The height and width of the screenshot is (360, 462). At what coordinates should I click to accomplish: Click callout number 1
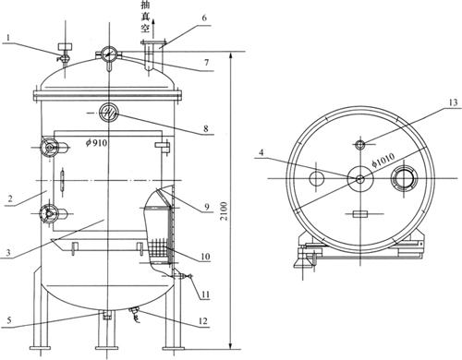coord(8,38)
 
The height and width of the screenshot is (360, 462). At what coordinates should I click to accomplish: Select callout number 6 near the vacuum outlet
coord(204,18)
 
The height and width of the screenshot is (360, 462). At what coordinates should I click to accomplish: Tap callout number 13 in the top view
coord(453,102)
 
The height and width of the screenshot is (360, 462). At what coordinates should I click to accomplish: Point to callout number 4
coord(261,152)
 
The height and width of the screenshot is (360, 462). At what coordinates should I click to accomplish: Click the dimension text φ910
coord(97,142)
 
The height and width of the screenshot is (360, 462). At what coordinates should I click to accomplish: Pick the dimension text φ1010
coord(383,160)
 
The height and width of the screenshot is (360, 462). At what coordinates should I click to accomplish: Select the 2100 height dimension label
coord(225,210)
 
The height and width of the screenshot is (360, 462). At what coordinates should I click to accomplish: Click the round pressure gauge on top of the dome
coord(109,54)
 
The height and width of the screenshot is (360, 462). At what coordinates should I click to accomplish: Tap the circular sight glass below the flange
coord(109,113)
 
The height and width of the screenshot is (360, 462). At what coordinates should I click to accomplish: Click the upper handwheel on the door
coord(49,149)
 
